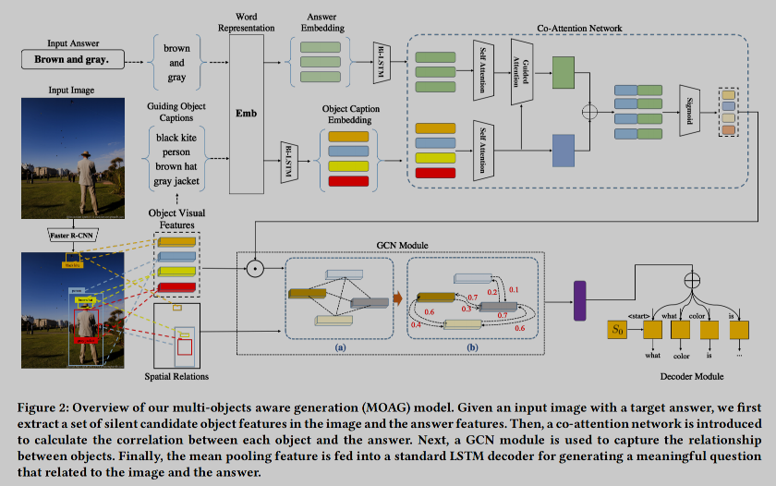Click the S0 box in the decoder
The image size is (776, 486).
pyautogui.click(x=619, y=328)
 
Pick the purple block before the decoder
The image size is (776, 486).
pyautogui.click(x=580, y=301)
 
